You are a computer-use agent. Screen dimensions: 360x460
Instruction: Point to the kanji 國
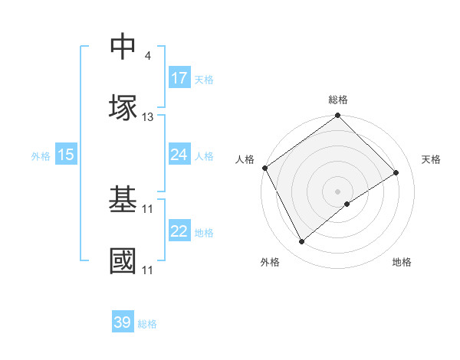click(123, 260)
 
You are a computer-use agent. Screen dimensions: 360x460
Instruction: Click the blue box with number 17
click(179, 78)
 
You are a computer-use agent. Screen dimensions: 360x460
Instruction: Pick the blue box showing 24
click(179, 155)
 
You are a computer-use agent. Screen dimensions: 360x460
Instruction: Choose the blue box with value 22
click(179, 231)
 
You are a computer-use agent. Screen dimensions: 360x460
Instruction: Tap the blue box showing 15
click(66, 155)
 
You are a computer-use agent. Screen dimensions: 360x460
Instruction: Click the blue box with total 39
click(123, 322)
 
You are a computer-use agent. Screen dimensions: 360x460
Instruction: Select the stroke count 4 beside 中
click(147, 56)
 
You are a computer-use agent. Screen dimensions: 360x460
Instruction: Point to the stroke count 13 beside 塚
click(148, 117)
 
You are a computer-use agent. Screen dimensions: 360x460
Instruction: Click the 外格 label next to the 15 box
click(41, 155)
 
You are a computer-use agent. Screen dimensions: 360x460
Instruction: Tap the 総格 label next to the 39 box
click(147, 323)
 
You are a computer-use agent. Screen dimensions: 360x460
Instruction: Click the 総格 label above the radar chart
click(338, 100)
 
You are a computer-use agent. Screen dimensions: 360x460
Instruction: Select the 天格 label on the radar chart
click(432, 159)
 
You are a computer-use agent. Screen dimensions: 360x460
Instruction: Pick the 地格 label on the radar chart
click(402, 262)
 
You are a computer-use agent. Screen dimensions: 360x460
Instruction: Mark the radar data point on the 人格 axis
click(265, 168)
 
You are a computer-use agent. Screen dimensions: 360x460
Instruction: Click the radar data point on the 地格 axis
click(347, 204)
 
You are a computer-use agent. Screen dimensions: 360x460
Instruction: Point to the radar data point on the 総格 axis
click(338, 116)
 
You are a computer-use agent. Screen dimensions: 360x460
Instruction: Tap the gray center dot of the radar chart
click(338, 191)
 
